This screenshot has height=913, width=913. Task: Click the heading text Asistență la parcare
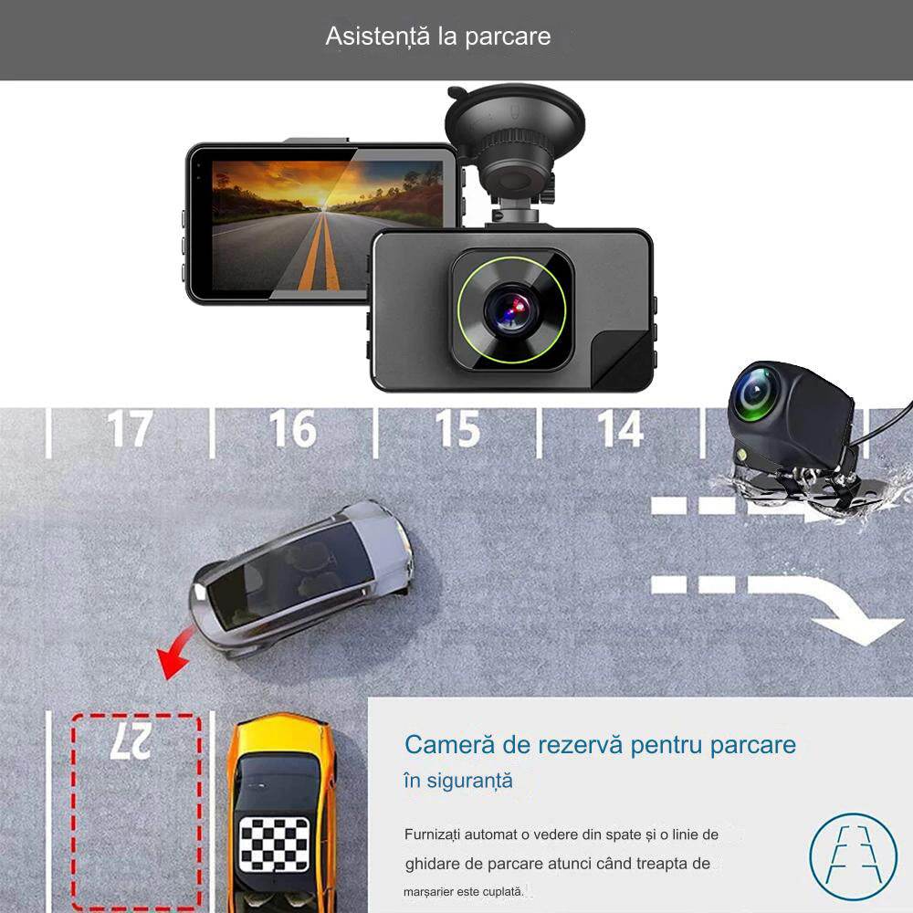[438, 37]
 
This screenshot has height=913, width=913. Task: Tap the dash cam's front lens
[511, 310]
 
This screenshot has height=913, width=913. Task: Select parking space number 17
[129, 429]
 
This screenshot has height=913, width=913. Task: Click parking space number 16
[292, 429]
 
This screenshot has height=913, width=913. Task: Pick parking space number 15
[456, 429]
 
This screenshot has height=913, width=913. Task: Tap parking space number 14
[621, 429]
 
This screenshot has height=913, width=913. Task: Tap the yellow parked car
[281, 813]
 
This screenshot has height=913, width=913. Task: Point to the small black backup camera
[790, 420]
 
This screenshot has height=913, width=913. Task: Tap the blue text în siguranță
[458, 782]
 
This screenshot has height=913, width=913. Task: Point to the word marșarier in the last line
[432, 891]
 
